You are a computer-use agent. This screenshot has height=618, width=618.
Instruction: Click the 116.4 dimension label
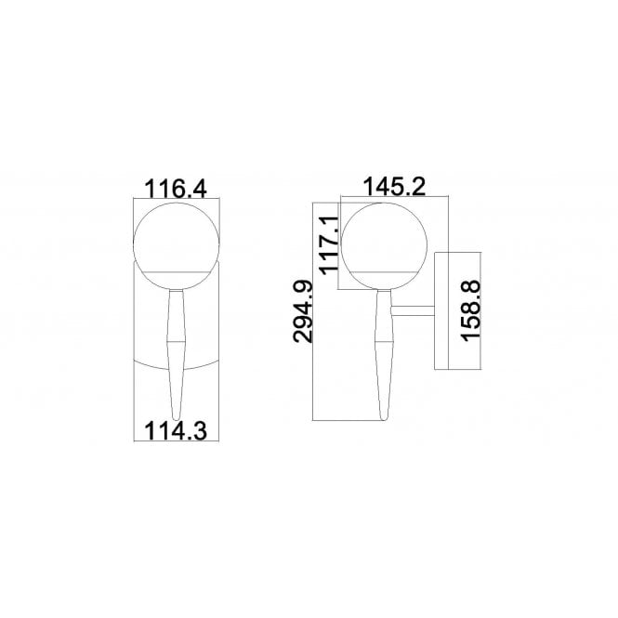tap(175, 189)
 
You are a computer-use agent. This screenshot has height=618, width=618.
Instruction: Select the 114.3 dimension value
tap(175, 429)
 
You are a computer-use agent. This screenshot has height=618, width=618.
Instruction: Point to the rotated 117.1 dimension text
tap(329, 243)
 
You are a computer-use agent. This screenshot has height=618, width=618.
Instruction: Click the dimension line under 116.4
tap(175, 201)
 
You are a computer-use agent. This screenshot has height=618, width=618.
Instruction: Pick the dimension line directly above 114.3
tap(175, 415)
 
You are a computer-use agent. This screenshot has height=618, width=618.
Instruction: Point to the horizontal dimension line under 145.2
tap(395, 198)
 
